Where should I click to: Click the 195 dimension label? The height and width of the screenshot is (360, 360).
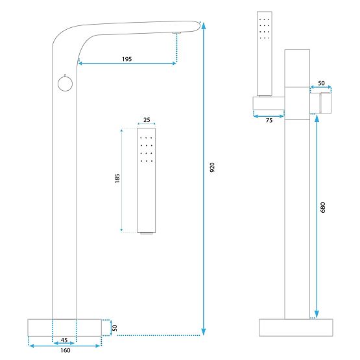point(126,59)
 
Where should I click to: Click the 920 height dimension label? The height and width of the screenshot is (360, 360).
point(211,167)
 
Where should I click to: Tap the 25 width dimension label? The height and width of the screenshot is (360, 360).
point(147,120)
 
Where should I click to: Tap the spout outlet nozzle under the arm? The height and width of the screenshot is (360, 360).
point(176,32)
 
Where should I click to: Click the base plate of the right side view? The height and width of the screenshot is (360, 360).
point(297,327)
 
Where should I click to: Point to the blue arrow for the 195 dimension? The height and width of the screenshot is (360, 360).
point(127,64)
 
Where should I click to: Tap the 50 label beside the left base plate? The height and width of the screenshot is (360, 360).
point(115,328)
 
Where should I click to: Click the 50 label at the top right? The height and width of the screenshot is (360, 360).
point(321,84)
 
